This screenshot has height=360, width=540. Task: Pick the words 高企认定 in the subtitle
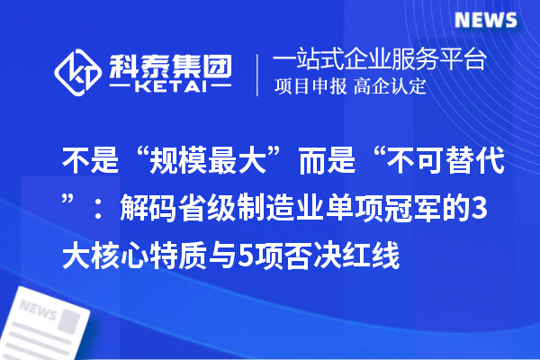click(x=390, y=87)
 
